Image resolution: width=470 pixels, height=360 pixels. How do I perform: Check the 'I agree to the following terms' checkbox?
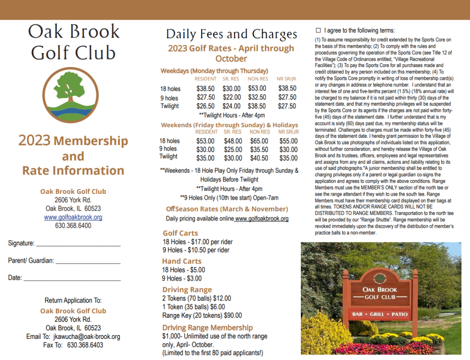coord(318,30)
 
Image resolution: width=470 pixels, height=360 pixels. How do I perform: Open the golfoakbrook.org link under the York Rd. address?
coord(73,217)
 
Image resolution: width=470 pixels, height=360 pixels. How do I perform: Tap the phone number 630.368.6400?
coord(73,225)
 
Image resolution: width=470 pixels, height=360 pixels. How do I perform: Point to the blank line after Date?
coord(72,279)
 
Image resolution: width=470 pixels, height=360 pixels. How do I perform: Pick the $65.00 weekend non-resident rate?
coord(259,141)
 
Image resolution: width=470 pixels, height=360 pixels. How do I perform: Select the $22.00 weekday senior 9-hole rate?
coord(232,97)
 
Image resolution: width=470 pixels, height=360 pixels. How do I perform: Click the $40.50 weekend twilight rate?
coord(259,158)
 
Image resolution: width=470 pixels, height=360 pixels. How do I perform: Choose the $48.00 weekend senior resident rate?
coord(232,141)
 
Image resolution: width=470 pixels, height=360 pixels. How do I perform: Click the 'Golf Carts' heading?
coord(180,233)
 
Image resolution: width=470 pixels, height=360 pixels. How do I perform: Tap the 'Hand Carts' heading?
coord(182,261)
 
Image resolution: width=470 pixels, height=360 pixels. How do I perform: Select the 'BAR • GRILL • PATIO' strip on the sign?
coord(380,315)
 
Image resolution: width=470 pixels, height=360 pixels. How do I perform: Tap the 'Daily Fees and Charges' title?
coord(232,34)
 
